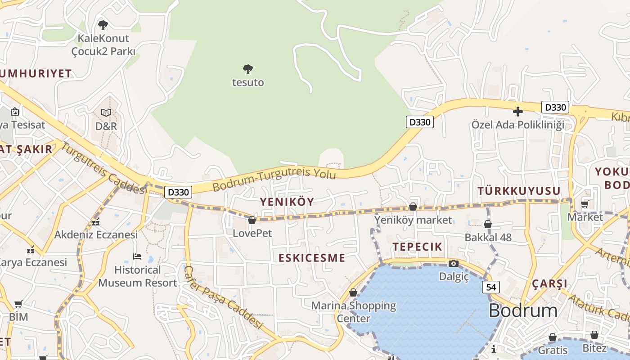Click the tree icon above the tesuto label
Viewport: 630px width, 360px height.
point(247,69)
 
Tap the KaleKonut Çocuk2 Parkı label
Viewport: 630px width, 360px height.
point(103,45)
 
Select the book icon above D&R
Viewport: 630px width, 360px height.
point(106,112)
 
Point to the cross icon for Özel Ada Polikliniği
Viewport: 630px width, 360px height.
point(518,111)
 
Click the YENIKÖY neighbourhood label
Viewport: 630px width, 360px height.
point(287,202)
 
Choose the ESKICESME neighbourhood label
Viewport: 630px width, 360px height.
point(312,258)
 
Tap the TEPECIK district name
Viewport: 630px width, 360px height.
point(418,247)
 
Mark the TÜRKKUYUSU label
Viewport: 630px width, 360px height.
point(519,191)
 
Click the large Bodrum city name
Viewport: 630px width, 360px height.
point(523,310)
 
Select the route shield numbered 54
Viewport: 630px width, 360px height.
point(490,287)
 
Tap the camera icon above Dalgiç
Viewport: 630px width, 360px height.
point(454,263)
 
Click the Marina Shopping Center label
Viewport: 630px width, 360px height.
point(354,312)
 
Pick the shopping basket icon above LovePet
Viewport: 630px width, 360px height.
point(252,220)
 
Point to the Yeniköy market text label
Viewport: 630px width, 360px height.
point(413,220)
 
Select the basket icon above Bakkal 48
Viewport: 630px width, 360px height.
point(488,224)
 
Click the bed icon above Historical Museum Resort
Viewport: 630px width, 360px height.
point(137,256)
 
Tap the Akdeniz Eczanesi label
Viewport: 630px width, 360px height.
point(96,234)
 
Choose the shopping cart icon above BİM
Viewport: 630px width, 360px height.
point(18,304)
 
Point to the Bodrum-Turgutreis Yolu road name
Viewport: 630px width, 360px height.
point(274,178)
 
